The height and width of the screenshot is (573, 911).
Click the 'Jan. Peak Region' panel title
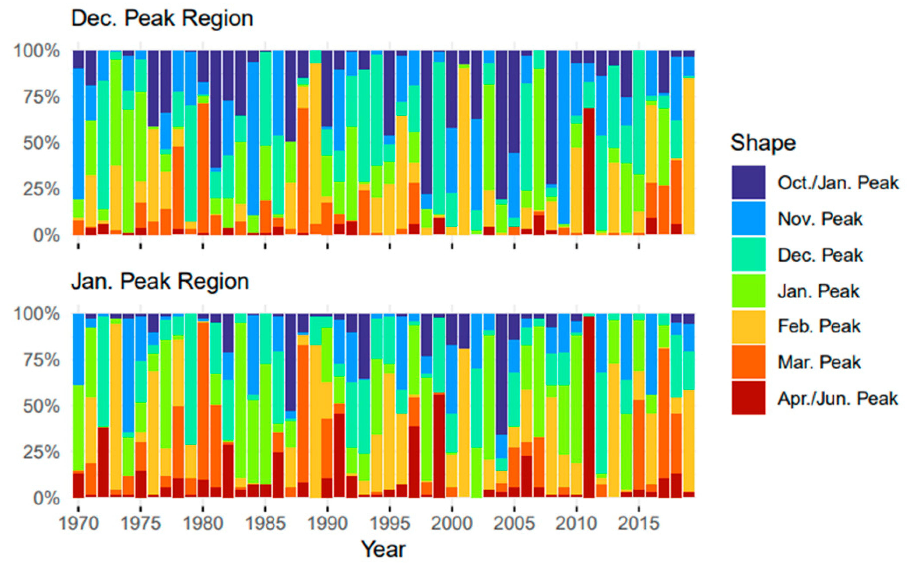160,282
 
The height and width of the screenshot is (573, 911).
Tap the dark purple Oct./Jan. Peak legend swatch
748,182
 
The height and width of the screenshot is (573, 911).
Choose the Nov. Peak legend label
820,219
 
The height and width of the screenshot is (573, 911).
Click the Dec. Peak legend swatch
748,254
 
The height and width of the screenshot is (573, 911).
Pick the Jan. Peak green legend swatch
748,290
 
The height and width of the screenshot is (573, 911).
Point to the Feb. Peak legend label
819,326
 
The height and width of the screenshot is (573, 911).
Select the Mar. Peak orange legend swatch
748,362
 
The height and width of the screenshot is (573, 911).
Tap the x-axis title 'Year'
383,549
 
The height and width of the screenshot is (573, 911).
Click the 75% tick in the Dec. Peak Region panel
42,97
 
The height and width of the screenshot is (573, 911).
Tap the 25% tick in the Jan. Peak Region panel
42,452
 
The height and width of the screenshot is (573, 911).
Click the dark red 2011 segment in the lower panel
589,407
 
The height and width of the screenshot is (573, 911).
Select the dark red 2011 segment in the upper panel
589,170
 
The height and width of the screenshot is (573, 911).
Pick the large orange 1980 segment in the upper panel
203,169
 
